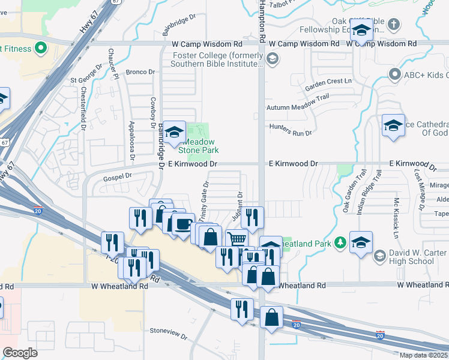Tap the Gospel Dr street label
click(117, 176)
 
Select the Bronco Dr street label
click(140, 72)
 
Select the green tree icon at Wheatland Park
click(340, 242)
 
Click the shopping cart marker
click(237, 238)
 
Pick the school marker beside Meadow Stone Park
click(174, 133)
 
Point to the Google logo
click(20, 353)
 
